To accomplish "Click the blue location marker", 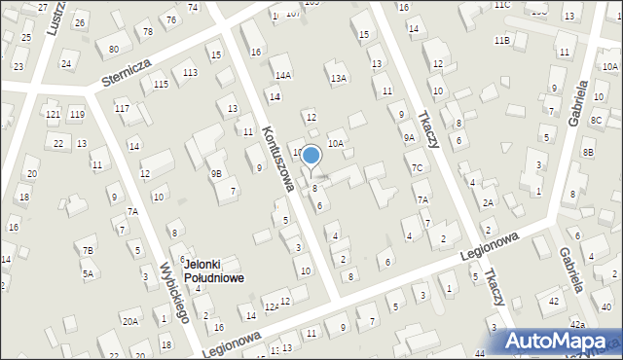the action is [x=311, y=156].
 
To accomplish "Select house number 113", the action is [x=190, y=73].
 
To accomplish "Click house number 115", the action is [x=160, y=85].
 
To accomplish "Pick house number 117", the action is [x=122, y=107].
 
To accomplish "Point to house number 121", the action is [x=53, y=115].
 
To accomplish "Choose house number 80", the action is [x=114, y=49].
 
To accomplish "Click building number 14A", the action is [x=282, y=75].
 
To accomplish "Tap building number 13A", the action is [x=338, y=78].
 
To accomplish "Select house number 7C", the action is [x=416, y=167].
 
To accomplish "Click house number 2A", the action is [x=488, y=202].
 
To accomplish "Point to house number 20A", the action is [x=129, y=321].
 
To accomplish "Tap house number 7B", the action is [x=88, y=251].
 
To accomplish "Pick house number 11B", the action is [x=501, y=40].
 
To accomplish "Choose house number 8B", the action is [x=587, y=153].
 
